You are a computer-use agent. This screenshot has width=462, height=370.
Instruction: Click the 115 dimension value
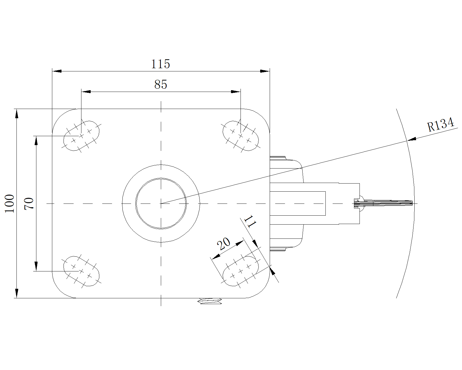[161, 64]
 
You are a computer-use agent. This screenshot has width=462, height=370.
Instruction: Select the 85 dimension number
[161, 84]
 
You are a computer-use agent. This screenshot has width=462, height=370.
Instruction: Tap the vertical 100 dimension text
[10, 203]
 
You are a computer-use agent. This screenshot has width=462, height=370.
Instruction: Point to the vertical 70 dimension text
[29, 203]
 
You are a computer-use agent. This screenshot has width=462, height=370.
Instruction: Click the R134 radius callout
[440, 124]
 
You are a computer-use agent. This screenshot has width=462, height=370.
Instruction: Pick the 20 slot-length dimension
[223, 243]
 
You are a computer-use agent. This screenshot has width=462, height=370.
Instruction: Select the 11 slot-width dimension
[250, 221]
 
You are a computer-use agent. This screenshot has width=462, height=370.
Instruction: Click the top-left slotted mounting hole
[81, 136]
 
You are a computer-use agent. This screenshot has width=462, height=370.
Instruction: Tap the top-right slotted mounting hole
[241, 136]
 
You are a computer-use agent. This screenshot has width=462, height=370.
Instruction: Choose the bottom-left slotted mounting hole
[81, 271]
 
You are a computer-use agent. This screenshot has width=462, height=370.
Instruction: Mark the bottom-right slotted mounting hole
[241, 271]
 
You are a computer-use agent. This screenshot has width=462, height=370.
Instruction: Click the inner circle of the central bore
[161, 178]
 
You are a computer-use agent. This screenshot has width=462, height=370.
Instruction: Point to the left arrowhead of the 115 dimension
[57, 71]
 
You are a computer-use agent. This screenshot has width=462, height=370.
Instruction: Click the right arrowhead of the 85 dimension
[236, 92]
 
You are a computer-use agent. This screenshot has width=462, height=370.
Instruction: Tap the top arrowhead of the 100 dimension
[17, 114]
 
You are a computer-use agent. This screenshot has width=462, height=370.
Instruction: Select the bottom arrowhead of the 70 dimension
[36, 267]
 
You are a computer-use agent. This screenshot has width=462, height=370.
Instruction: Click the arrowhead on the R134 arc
[411, 139]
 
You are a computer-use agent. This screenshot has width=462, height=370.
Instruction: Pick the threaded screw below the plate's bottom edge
[210, 301]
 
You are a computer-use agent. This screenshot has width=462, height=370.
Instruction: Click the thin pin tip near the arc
[393, 203]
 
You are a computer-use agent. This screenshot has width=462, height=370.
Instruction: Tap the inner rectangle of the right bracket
[297, 203]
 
